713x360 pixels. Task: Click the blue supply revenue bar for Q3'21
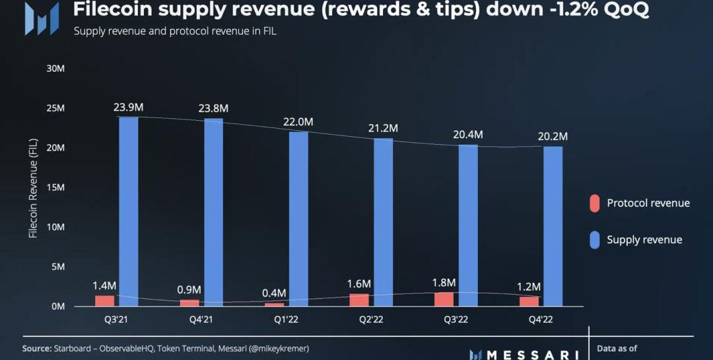click(x=129, y=211)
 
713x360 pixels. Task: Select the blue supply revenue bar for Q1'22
click(x=298, y=219)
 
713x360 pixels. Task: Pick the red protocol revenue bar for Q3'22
click(x=445, y=299)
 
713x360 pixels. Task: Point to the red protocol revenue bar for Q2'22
click(x=360, y=300)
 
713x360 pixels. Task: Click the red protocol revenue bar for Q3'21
click(x=104, y=301)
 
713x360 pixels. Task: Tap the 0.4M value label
click(x=273, y=293)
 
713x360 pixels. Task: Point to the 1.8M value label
click(x=444, y=281)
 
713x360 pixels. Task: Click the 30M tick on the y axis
click(x=55, y=69)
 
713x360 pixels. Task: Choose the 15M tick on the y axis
click(x=55, y=188)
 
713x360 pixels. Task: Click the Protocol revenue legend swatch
click(x=595, y=203)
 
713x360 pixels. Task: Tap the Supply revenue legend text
click(x=644, y=240)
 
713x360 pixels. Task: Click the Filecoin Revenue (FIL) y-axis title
click(x=33, y=188)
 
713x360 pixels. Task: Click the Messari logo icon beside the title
click(x=41, y=18)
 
